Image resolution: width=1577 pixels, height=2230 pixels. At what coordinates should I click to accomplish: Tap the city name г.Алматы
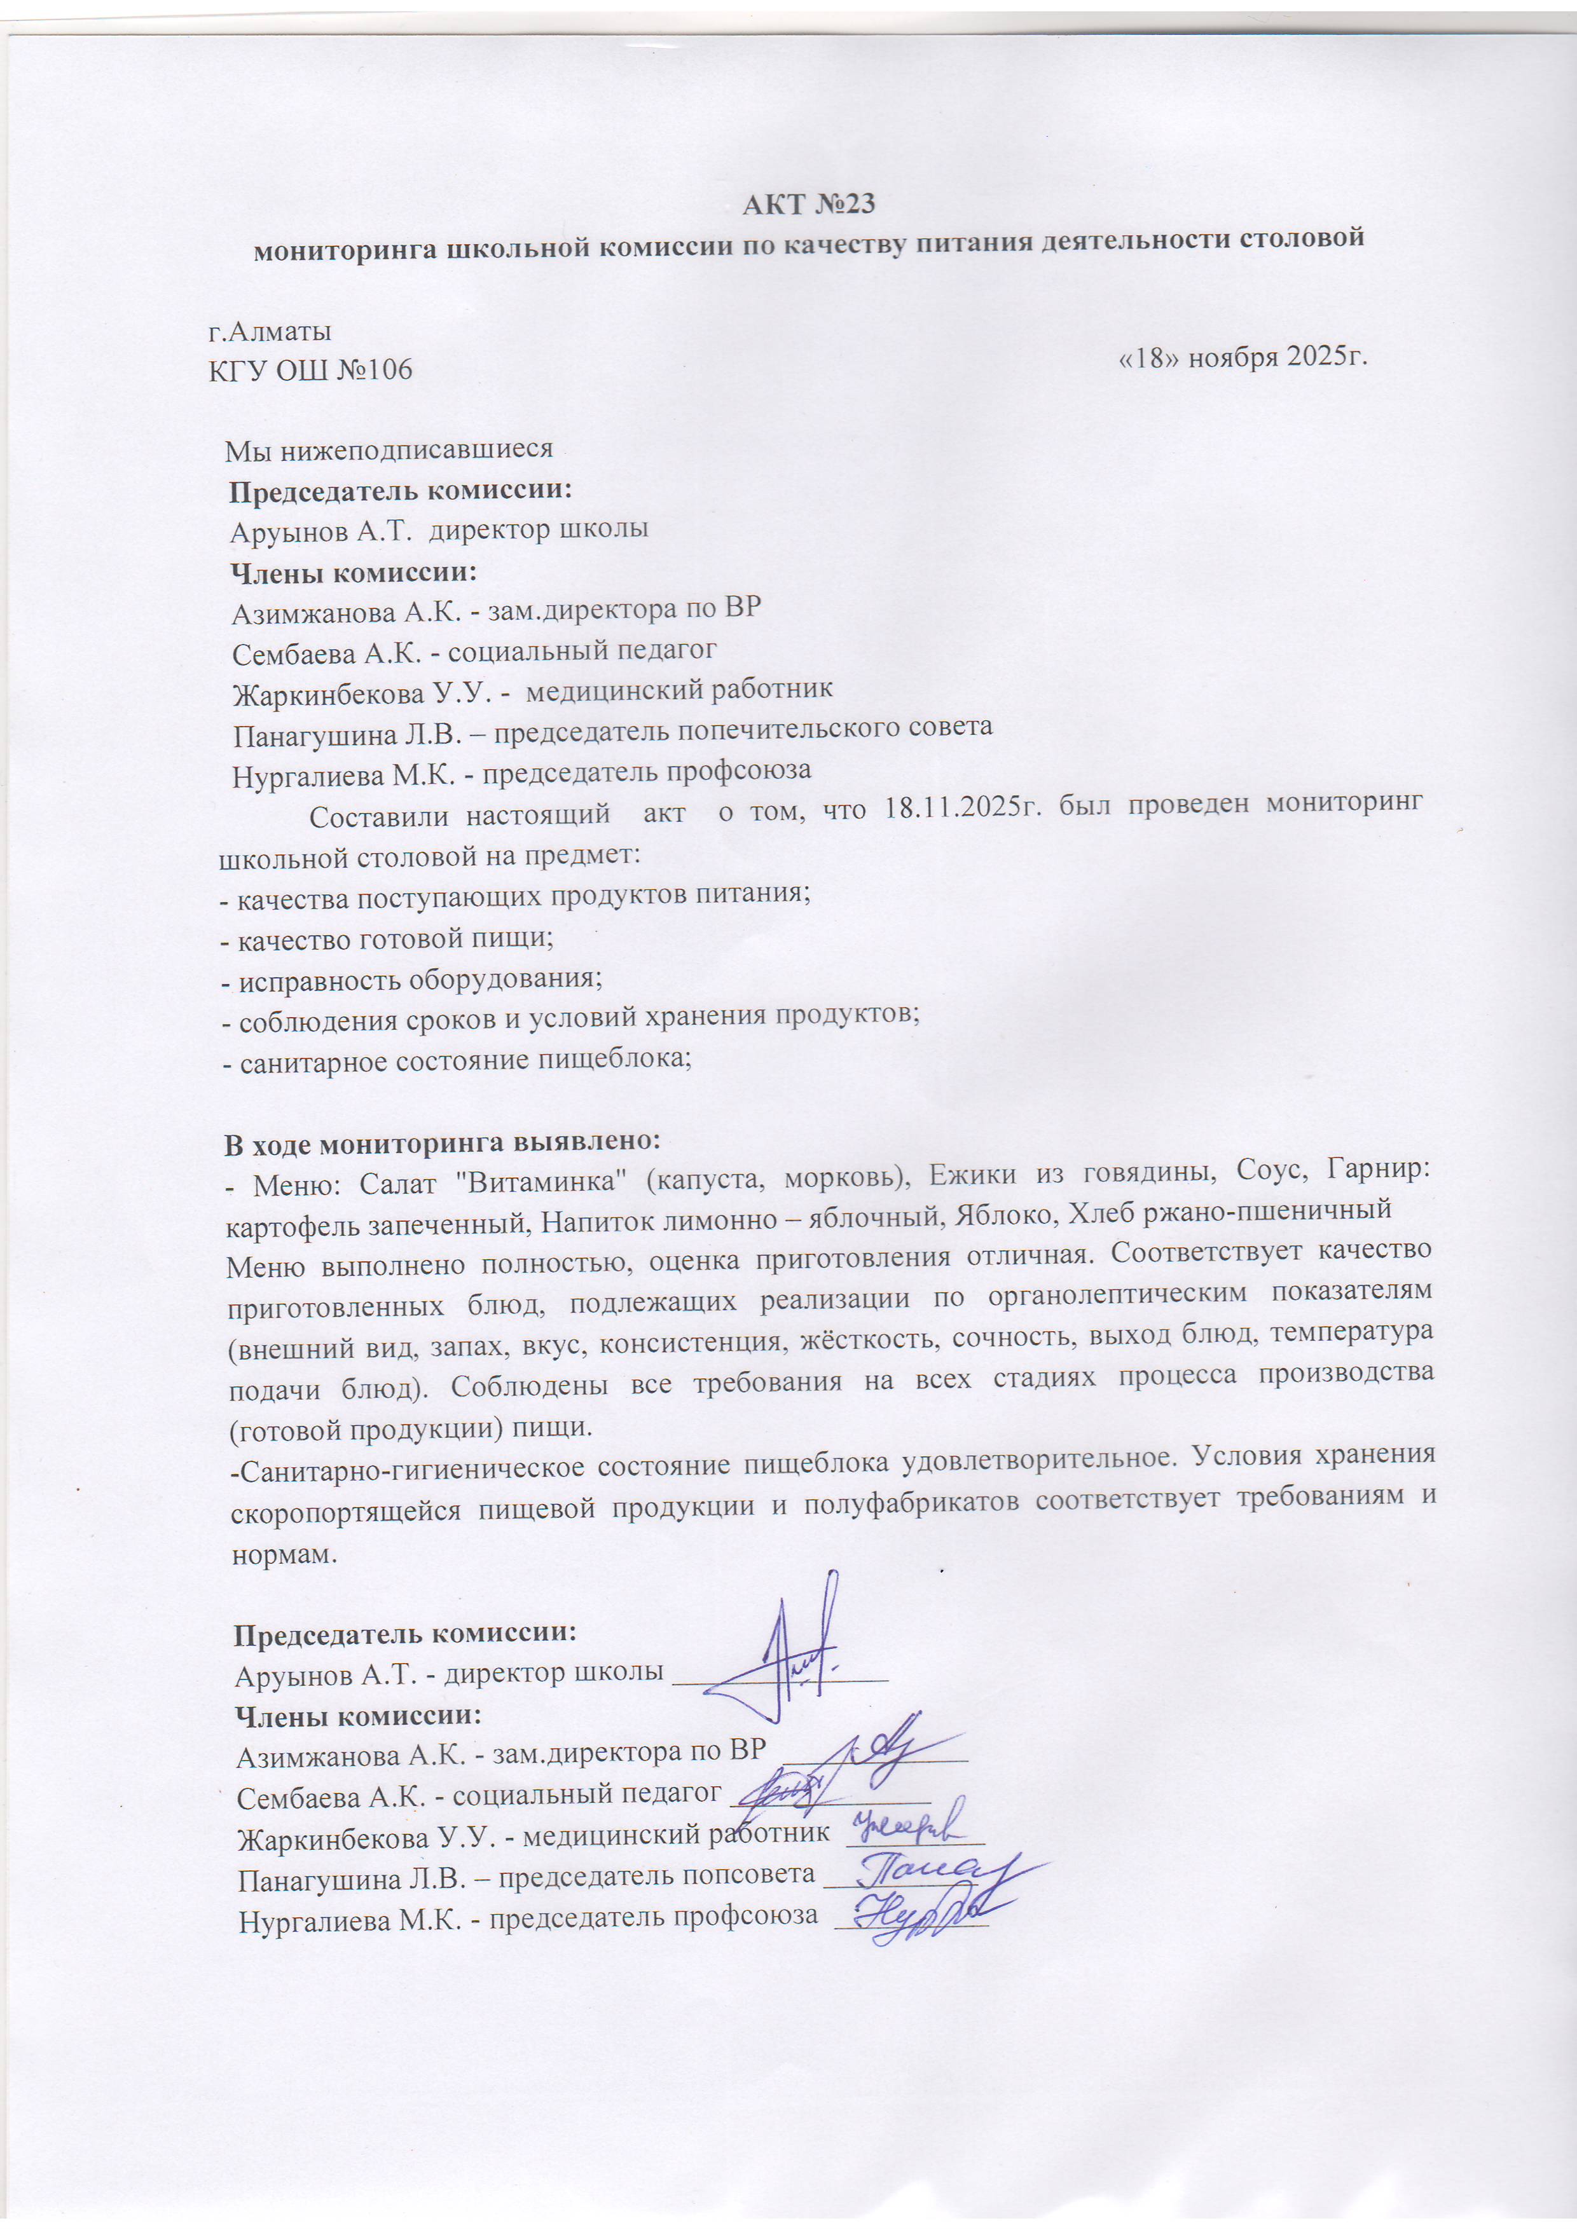tap(270, 331)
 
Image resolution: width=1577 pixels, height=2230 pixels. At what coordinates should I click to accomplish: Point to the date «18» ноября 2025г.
tap(1244, 357)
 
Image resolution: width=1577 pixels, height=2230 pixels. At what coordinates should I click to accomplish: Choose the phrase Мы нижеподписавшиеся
tap(389, 449)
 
